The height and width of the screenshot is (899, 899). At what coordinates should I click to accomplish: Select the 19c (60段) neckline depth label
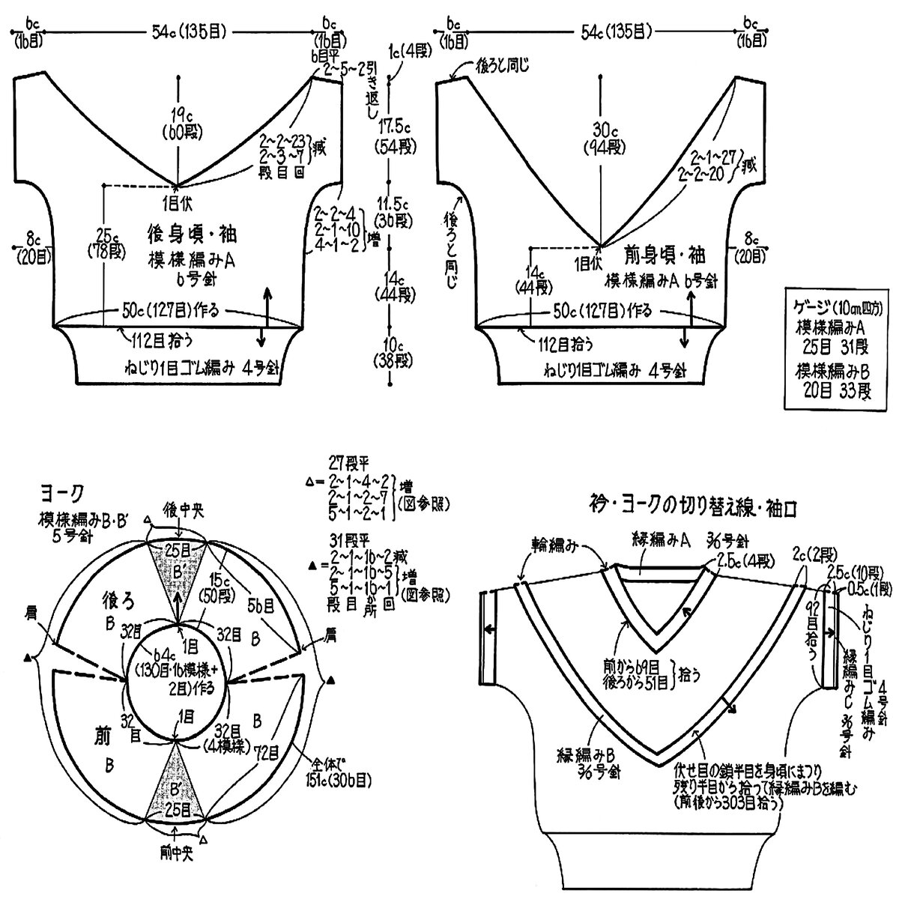click(178, 121)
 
